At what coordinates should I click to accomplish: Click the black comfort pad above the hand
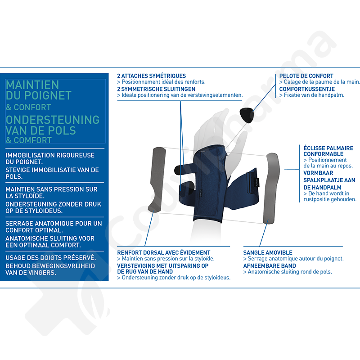point(246,115)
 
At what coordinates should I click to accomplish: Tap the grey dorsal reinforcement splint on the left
point(157,179)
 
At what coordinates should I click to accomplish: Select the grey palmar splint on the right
point(271,188)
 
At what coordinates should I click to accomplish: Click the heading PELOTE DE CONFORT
point(306,76)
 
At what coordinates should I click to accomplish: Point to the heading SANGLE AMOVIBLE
point(268,252)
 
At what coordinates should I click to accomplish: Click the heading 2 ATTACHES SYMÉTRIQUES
point(151,76)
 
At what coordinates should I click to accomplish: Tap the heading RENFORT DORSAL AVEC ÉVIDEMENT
point(164,252)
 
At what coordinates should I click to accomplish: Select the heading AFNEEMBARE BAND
point(270,265)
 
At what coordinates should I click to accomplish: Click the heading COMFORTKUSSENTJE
point(307,89)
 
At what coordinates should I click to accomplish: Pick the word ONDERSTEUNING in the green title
point(53,120)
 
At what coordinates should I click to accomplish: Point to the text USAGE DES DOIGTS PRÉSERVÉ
point(51,258)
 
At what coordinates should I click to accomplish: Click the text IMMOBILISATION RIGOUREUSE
point(50,155)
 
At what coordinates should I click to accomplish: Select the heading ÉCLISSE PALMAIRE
point(328,148)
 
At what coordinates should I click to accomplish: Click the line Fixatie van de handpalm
point(314,95)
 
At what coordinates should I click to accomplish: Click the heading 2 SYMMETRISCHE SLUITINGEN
point(156,89)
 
